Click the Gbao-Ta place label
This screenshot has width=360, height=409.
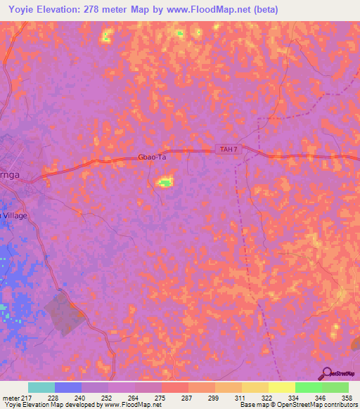(x=151, y=158)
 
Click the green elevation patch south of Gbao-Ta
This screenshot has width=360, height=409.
(x=165, y=183)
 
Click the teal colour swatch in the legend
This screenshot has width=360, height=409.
(x=41, y=387)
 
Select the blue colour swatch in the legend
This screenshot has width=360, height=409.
(x=68, y=387)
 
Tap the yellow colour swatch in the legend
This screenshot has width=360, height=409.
(x=281, y=387)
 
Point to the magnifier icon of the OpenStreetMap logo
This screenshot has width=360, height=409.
(x=327, y=373)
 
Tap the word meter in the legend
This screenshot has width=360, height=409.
(x=12, y=397)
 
